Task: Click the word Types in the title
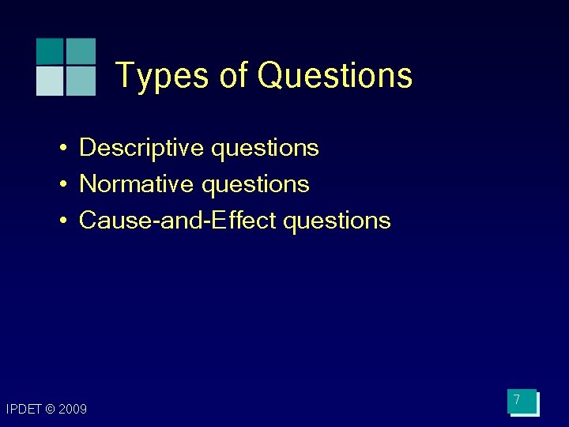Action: pyautogui.click(x=164, y=76)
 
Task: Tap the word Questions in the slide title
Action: pyautogui.click(x=335, y=76)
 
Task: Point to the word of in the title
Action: pyautogui.click(x=234, y=76)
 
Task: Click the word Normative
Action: pyautogui.click(x=137, y=184)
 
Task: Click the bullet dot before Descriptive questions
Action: pyautogui.click(x=61, y=148)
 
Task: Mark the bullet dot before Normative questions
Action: pyautogui.click(x=61, y=184)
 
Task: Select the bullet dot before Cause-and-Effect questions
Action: pyautogui.click(x=61, y=221)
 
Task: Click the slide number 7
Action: pyautogui.click(x=517, y=400)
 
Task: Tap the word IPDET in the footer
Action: pyautogui.click(x=23, y=409)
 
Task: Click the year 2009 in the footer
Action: pyautogui.click(x=73, y=409)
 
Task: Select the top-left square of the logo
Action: pyautogui.click(x=50, y=51)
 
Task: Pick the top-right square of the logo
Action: pyautogui.click(x=81, y=51)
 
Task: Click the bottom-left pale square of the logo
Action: pyautogui.click(x=50, y=81)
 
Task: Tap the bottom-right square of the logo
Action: pyautogui.click(x=81, y=81)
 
